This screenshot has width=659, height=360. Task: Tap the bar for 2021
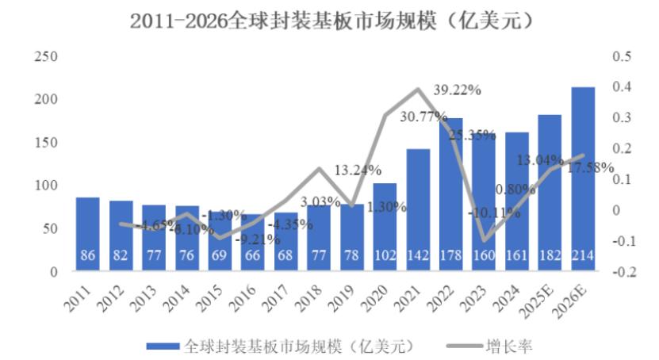[418, 210]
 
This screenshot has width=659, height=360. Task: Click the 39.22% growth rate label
[458, 90]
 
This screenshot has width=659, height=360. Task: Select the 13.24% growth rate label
[358, 170]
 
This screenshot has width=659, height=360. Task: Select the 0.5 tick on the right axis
[621, 57]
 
